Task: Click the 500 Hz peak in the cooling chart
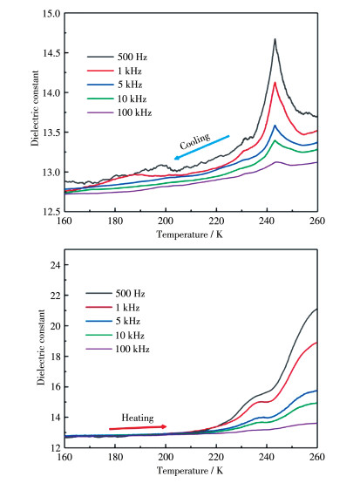[275, 39]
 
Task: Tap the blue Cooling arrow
[202, 147]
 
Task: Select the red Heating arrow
[138, 427]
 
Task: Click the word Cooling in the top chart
[195, 141]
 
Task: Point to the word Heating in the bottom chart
[138, 418]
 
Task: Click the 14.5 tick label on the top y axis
[51, 53]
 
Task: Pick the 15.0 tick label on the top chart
[51, 13]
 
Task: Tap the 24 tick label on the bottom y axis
[55, 265]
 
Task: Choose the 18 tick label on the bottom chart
[55, 357]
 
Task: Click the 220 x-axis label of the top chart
[216, 221]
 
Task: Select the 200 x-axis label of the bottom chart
[166, 457]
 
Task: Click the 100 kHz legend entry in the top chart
[119, 112]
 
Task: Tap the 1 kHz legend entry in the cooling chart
[114, 71]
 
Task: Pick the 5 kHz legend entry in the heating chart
[112, 321]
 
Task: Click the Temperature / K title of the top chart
[190, 235]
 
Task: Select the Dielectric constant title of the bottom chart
[41, 347]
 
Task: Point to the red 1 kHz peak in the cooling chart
[275, 83]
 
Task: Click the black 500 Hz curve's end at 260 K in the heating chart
[317, 309]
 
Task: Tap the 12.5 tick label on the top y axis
[51, 212]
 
